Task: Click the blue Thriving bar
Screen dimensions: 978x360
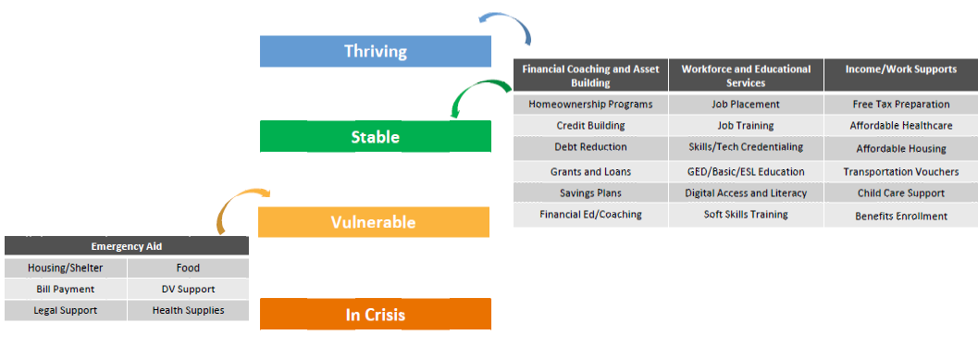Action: click(x=376, y=51)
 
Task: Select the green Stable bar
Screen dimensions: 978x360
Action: click(x=376, y=136)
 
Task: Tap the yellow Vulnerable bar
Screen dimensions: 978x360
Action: click(x=374, y=222)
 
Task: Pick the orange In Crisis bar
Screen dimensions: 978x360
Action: click(x=376, y=314)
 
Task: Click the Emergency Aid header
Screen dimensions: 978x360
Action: click(x=127, y=246)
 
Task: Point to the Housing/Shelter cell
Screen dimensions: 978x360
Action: click(x=66, y=268)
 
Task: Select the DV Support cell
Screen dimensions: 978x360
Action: click(x=189, y=289)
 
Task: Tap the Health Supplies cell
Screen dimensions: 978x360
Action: click(x=189, y=310)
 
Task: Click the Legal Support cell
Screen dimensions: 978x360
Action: click(x=66, y=310)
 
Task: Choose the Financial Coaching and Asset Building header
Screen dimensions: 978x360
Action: click(x=590, y=76)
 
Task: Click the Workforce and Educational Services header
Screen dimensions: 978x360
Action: click(x=746, y=76)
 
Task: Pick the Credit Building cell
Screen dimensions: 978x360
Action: click(x=590, y=126)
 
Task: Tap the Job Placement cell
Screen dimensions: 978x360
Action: click(x=746, y=105)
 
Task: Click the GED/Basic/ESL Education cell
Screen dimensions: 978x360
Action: click(x=746, y=171)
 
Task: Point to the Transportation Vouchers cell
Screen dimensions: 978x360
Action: click(x=901, y=171)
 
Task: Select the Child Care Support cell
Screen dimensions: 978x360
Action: click(x=901, y=192)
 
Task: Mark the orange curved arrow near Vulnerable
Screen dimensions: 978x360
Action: click(x=234, y=197)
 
